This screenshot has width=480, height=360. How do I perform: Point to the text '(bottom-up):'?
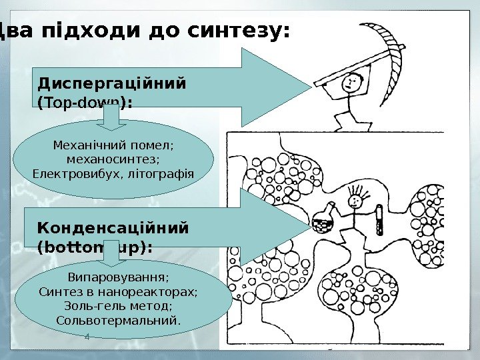(x=95, y=247)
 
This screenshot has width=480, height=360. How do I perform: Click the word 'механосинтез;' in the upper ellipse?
(x=114, y=160)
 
